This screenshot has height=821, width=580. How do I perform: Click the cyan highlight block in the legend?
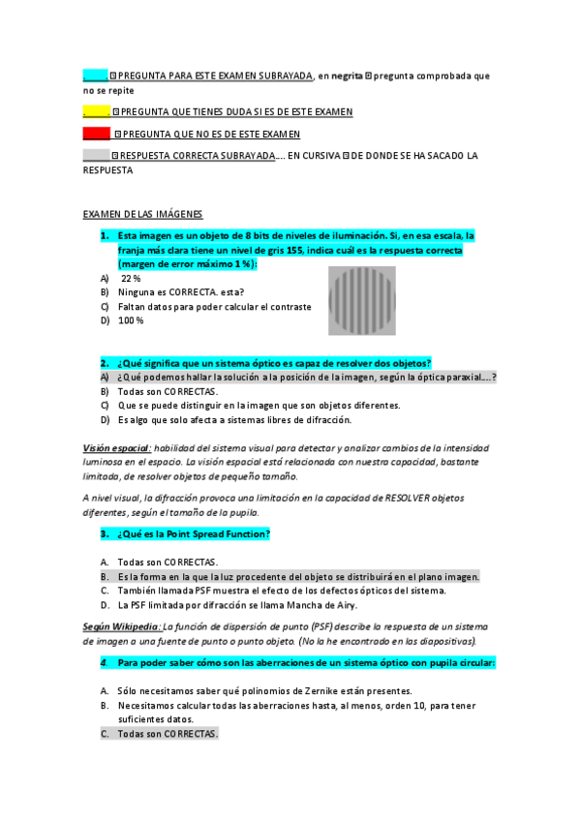click(x=95, y=75)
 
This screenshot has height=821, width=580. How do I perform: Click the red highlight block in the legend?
click(x=97, y=134)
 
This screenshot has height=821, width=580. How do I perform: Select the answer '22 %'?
click(x=131, y=278)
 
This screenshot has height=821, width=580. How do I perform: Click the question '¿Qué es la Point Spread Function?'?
click(x=194, y=533)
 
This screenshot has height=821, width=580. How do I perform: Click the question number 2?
click(x=104, y=362)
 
